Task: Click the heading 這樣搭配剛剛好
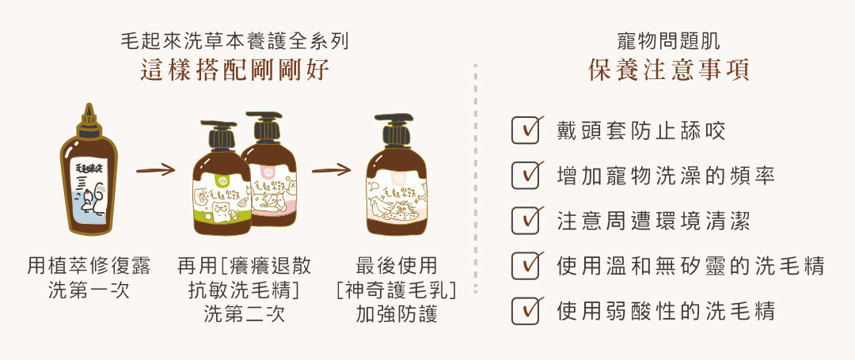(234, 70)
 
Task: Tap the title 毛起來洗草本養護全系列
(234, 41)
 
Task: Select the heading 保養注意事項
(668, 70)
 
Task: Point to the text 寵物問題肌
(668, 41)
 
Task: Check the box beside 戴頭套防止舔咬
(525, 131)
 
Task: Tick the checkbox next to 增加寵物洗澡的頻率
(525, 176)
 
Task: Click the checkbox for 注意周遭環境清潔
(525, 221)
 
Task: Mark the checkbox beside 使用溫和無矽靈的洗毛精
(525, 266)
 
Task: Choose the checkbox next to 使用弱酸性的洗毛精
(525, 311)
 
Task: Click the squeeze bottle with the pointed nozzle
(89, 176)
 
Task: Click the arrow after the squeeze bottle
(155, 169)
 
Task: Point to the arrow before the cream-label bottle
(331, 169)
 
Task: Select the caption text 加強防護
(397, 314)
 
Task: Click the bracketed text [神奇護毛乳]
(397, 290)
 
